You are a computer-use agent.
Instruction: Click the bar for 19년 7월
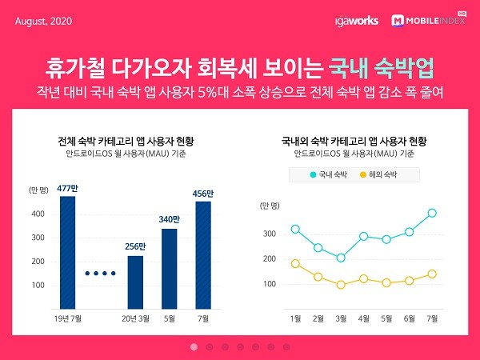(x=67, y=252)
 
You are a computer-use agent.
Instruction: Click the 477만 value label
(x=67, y=189)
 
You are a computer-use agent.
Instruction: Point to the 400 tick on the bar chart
(x=37, y=214)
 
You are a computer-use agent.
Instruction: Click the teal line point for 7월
(x=432, y=213)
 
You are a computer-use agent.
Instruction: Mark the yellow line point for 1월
(x=295, y=263)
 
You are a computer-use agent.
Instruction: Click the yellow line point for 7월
(x=432, y=274)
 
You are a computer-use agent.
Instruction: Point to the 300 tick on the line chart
(x=269, y=234)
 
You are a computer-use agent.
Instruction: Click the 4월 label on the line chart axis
(x=364, y=318)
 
